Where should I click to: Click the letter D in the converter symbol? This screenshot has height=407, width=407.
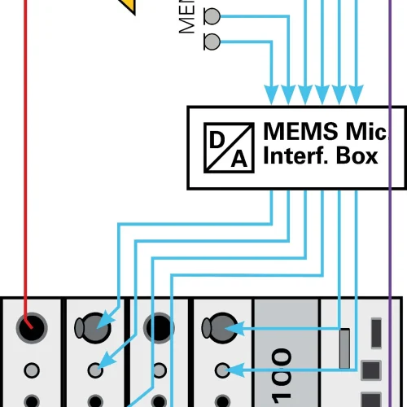coord(217,139)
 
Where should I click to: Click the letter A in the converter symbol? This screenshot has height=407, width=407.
coord(238,158)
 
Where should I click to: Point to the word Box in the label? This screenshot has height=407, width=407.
coord(359,156)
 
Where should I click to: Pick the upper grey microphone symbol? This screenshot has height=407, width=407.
coord(211,15)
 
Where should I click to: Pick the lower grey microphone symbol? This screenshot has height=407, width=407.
coord(211,42)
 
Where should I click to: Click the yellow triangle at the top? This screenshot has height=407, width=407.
coord(128,5)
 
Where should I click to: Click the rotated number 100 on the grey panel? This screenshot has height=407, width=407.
coord(282,375)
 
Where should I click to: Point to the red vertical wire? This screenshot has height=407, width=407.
coord(27,163)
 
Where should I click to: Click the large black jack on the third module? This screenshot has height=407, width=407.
coord(159,327)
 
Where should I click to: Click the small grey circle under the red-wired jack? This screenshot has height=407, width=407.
coord(32,370)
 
